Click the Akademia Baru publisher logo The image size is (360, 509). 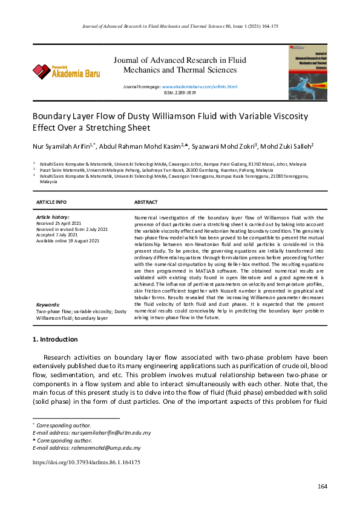pos(66,72)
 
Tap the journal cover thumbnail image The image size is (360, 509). pos(307,72)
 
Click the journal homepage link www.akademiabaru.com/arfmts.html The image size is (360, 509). pos(200,87)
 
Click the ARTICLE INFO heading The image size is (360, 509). pos(51,202)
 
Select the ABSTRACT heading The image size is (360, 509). pos(146,202)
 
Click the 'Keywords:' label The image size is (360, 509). pos(48,305)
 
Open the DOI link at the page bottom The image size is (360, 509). pos(86,462)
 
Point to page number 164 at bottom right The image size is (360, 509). pos(322,487)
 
